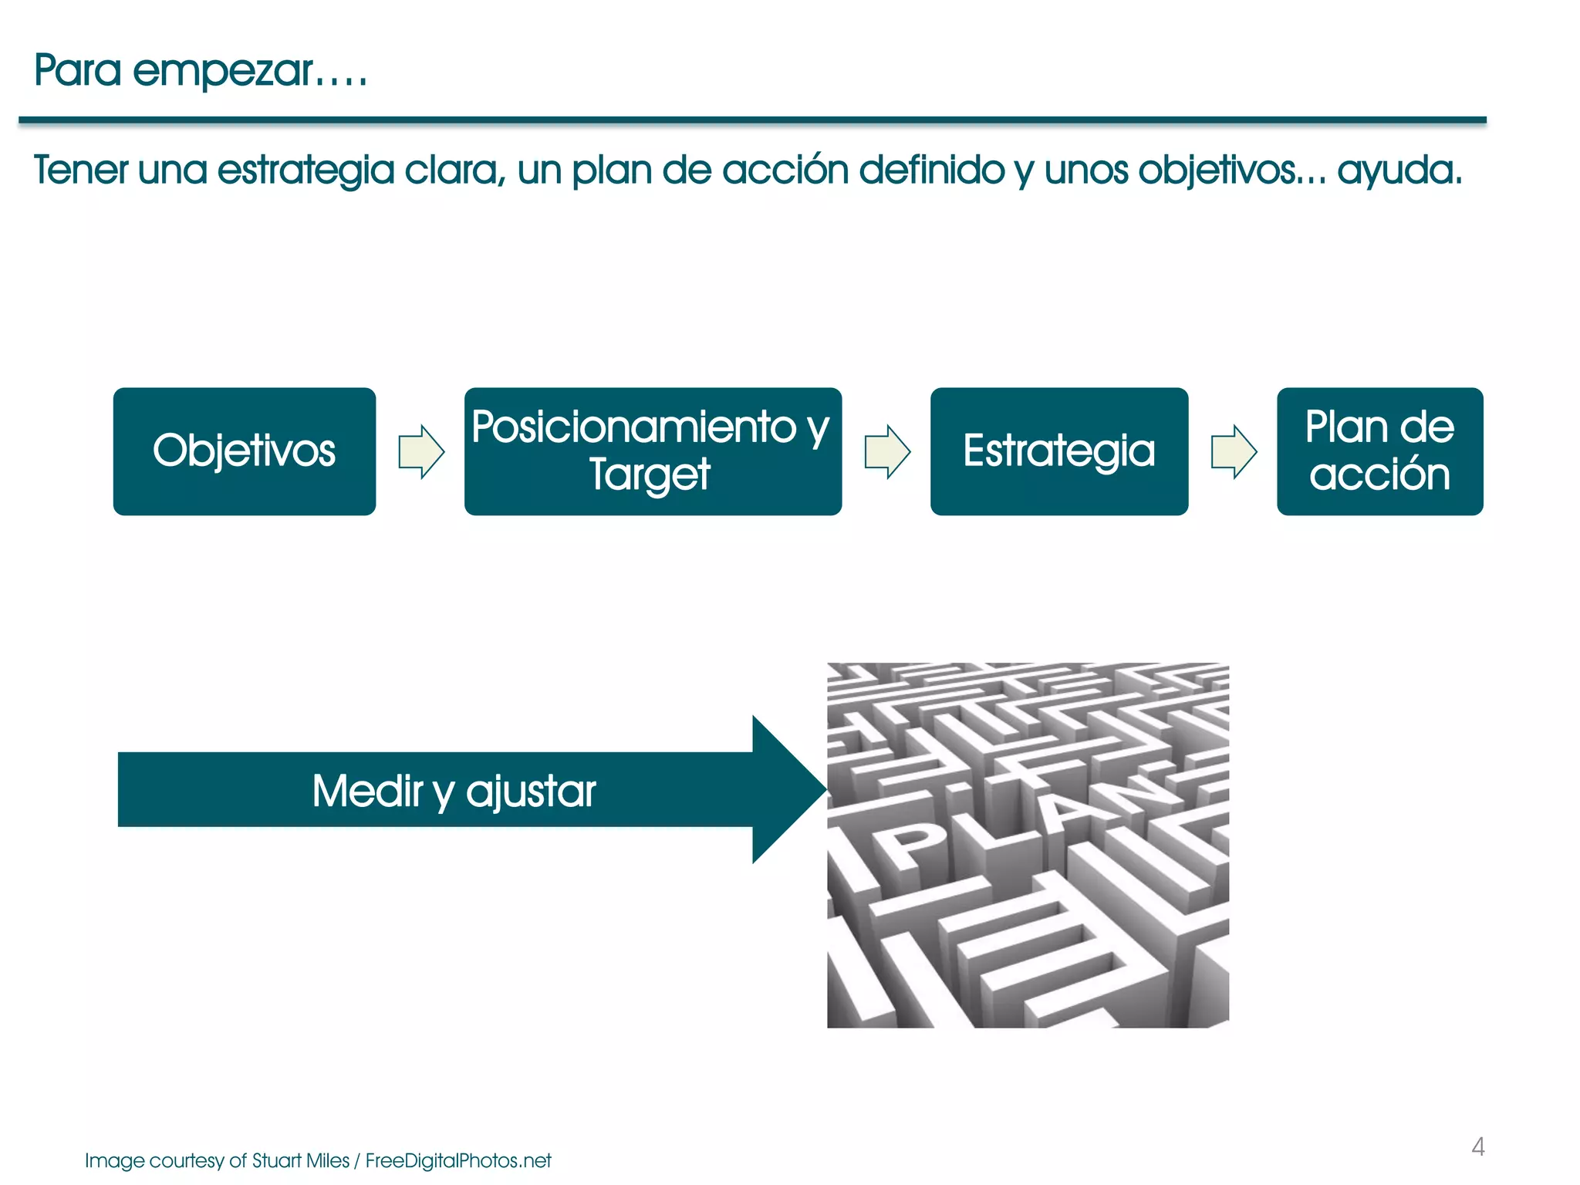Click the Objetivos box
point(244,451)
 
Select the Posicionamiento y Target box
point(653,451)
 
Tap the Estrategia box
point(1058,451)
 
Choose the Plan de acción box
point(1379,451)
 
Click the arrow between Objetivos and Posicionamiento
point(421,452)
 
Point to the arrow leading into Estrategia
point(887,452)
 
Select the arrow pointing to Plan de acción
point(1234,452)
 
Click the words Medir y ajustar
point(454,792)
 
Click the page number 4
point(1477,1147)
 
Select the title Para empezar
point(201,71)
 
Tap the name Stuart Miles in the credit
point(300,1161)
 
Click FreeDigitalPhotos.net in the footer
point(458,1161)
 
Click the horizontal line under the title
point(752,120)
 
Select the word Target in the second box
point(650,474)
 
